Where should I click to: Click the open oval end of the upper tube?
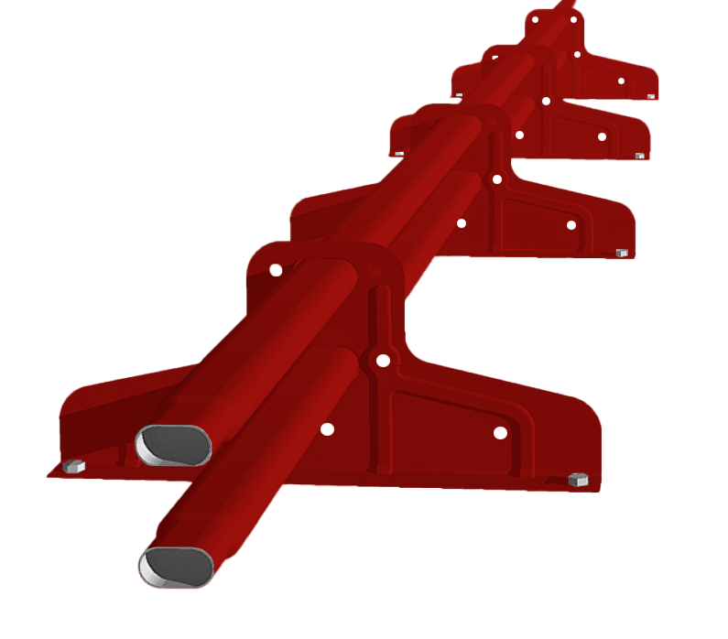tap(173, 445)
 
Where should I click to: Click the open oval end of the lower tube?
tap(176, 567)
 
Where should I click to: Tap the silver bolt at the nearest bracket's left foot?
tap(74, 467)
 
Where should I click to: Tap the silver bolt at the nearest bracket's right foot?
tap(578, 480)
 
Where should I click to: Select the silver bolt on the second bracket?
tap(622, 253)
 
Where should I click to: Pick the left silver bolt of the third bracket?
tap(399, 154)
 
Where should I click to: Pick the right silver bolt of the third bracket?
tap(640, 156)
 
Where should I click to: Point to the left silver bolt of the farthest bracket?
tap(459, 94)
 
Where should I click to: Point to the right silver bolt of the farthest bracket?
tap(651, 96)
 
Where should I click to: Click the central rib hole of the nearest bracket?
tap(383, 361)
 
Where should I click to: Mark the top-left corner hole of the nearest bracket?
tap(275, 270)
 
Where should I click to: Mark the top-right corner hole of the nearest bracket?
tap(373, 272)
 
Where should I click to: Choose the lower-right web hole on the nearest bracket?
tap(500, 432)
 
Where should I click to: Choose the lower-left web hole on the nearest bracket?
tap(327, 428)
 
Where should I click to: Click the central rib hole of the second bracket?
tap(496, 179)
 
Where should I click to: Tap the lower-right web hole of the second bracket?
tap(571, 225)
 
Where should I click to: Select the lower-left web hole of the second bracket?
tap(461, 222)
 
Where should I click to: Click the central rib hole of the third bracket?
tap(546, 101)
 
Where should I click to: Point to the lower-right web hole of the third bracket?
tap(603, 135)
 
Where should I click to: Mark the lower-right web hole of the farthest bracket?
tap(621, 81)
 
